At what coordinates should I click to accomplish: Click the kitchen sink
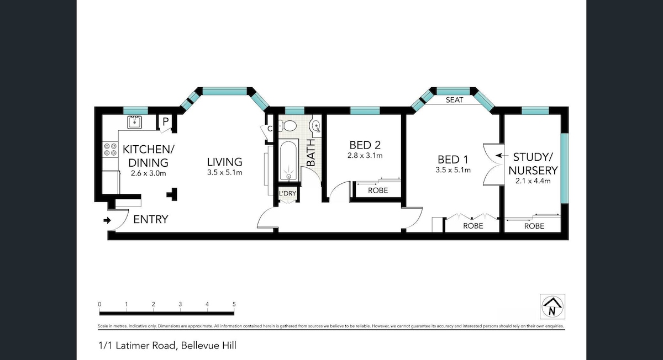(x=134, y=122)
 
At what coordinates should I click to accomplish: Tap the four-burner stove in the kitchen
(x=110, y=150)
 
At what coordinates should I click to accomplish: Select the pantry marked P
(x=165, y=121)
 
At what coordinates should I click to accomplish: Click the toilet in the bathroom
(x=287, y=126)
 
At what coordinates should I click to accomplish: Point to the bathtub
(x=288, y=161)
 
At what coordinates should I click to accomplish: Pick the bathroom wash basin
(x=314, y=126)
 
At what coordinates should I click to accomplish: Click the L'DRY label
(x=287, y=193)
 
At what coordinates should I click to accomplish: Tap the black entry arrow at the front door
(x=107, y=220)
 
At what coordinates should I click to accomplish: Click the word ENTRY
(x=151, y=220)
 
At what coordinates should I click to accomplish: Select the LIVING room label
(x=225, y=162)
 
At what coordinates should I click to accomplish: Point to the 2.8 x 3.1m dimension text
(x=365, y=156)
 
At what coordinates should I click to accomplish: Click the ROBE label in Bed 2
(x=378, y=190)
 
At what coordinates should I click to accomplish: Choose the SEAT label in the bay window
(x=454, y=100)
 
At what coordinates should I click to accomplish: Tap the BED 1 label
(x=453, y=160)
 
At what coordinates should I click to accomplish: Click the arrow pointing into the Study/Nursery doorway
(x=500, y=155)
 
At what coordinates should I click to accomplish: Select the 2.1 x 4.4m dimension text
(x=533, y=181)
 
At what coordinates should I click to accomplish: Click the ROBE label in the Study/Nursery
(x=534, y=226)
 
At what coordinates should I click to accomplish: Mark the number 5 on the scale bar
(x=234, y=304)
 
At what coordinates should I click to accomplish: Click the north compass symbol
(x=552, y=306)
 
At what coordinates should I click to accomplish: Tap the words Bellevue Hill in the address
(x=209, y=346)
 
